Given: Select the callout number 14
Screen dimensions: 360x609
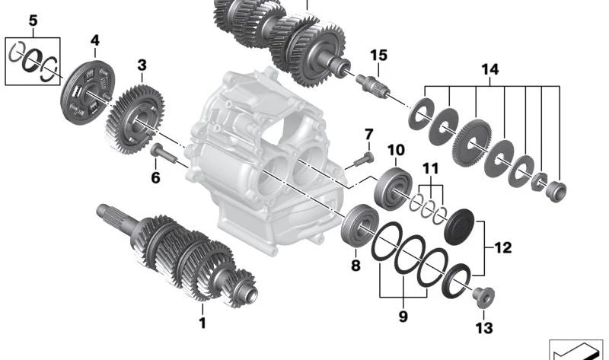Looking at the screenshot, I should click(x=489, y=69).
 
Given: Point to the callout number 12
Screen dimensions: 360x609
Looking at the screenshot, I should click(x=503, y=247).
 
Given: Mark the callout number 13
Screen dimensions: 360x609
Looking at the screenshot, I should click(x=484, y=328).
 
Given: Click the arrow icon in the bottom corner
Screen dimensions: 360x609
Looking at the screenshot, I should click(x=579, y=349).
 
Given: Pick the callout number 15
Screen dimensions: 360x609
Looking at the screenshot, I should click(x=379, y=55).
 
